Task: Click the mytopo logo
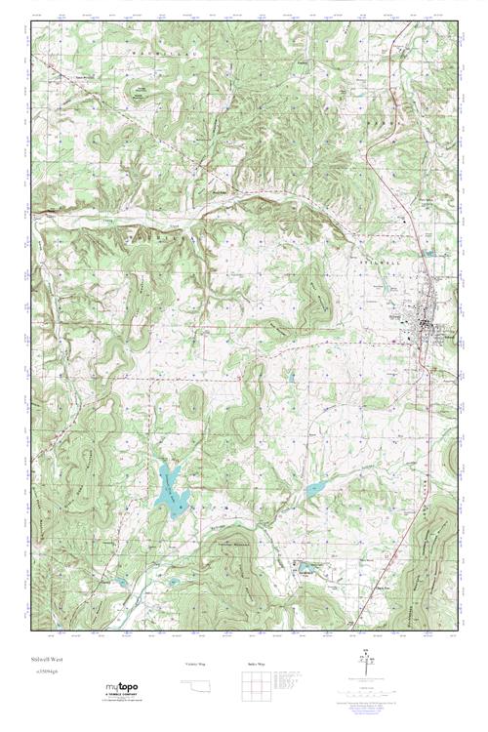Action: point(121,688)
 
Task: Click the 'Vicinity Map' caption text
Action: point(196,663)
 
